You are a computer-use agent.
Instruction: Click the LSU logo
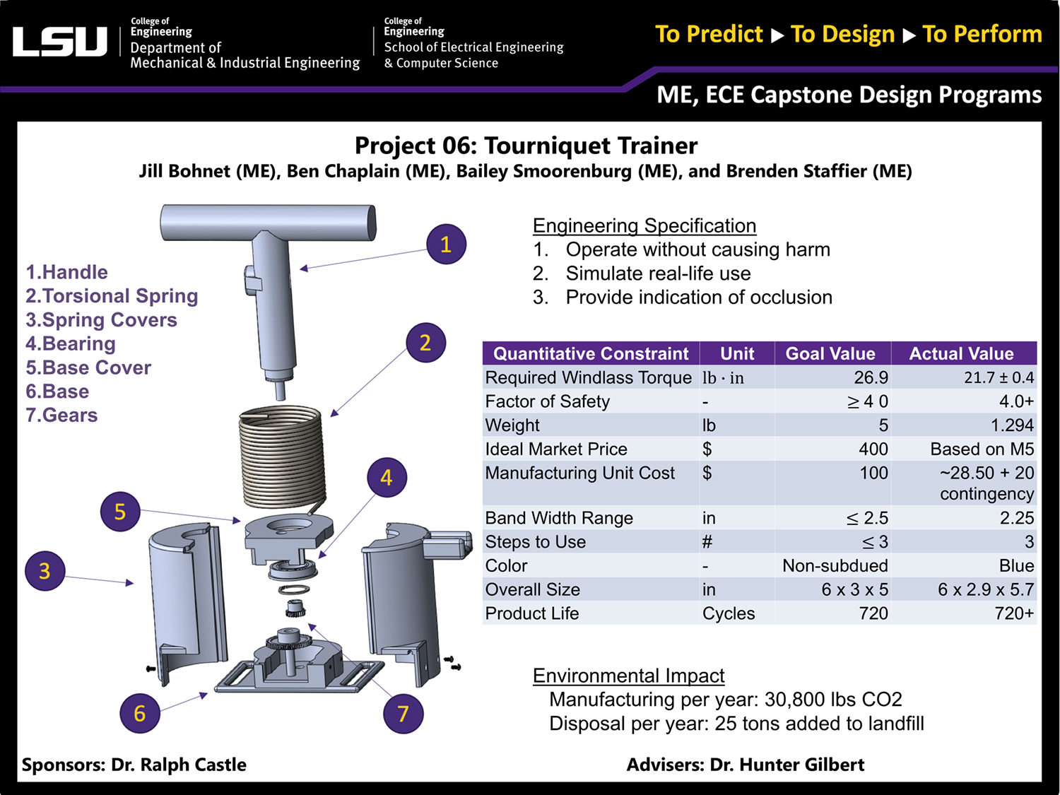(x=60, y=42)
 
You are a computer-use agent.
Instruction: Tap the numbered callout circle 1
(x=446, y=245)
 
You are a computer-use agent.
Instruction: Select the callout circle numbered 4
(x=386, y=478)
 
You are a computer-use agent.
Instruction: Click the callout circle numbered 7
(x=403, y=714)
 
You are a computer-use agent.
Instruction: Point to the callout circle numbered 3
(x=45, y=571)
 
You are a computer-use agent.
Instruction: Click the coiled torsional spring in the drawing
(x=282, y=457)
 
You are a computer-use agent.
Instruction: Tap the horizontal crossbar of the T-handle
(x=268, y=221)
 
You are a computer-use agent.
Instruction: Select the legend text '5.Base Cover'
(x=88, y=367)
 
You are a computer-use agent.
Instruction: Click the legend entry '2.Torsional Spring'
(x=112, y=296)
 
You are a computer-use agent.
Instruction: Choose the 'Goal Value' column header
(x=830, y=353)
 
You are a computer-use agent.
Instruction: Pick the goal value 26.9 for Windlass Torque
(x=871, y=377)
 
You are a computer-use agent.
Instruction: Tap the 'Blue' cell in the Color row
(x=1016, y=565)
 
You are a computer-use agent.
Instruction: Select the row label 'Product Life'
(x=532, y=613)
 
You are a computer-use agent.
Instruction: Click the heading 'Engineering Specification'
(x=644, y=225)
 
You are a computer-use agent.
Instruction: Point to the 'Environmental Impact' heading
(x=628, y=676)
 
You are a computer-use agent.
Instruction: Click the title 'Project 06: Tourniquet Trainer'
(x=526, y=146)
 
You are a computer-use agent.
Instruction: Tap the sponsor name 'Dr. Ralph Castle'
(x=179, y=765)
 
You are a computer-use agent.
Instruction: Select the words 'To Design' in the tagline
(x=842, y=34)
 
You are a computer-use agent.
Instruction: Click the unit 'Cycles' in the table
(x=728, y=613)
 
